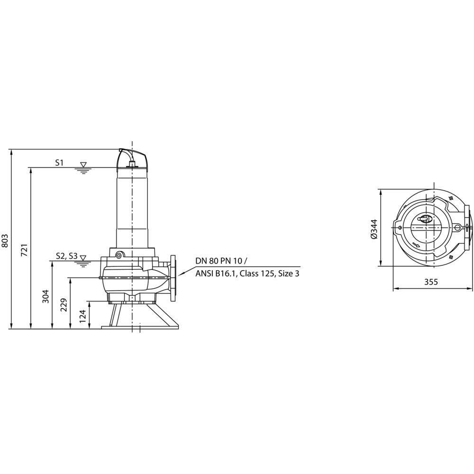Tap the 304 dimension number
point(46,296)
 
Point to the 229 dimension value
point(64,305)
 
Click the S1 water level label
point(59,163)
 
